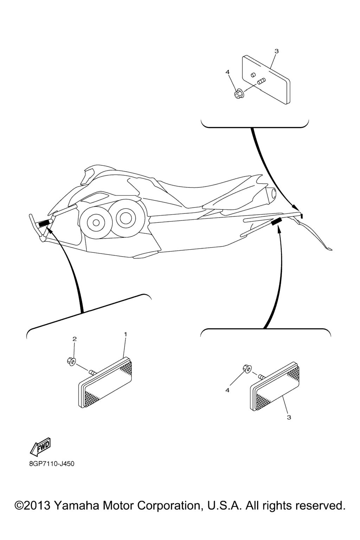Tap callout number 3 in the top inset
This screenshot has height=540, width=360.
277,51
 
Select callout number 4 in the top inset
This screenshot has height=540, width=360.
227,72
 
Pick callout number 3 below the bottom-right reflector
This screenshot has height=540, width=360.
289,417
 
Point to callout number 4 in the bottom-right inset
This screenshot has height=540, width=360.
227,390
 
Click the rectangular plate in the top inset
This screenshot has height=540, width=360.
266,79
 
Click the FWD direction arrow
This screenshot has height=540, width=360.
40,446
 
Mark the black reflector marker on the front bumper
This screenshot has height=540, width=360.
44,224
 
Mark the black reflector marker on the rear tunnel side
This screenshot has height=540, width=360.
276,221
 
